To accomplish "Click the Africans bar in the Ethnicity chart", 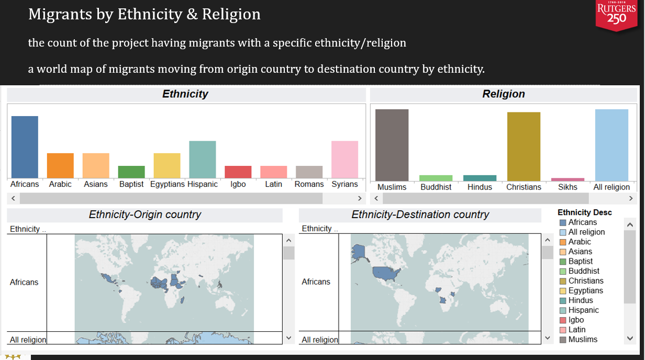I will coord(25,147).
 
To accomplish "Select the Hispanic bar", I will coord(202,160).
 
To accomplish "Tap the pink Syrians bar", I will coord(344,160).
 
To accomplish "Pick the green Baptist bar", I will coord(131,172).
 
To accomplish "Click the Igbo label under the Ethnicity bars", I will coord(238,184).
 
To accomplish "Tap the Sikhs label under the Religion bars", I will coord(568,187).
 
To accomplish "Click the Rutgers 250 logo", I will coord(617,15).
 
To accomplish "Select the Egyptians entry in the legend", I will coord(585,290).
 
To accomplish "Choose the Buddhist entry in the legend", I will coord(584,271).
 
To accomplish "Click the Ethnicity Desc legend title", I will coord(584,212).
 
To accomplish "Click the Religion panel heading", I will coord(503,94).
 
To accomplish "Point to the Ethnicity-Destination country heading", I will coord(420,215).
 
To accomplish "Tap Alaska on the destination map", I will coord(359,252).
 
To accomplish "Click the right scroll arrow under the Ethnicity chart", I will coord(360,199).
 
